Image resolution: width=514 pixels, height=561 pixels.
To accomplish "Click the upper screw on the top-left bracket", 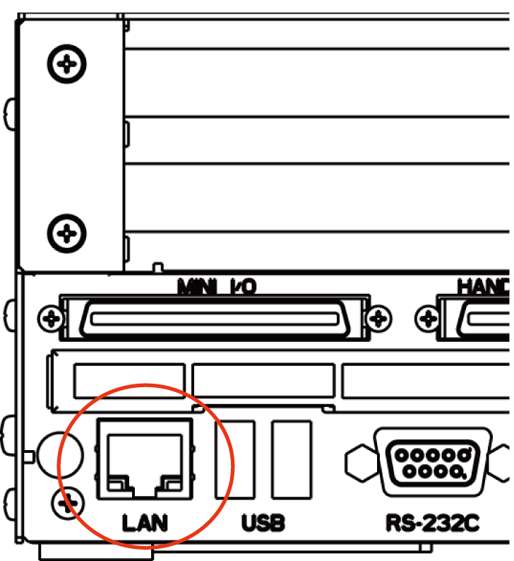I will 66,65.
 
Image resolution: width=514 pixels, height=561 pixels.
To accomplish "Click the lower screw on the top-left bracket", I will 66,232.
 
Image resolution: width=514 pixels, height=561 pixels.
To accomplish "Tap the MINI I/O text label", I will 217,286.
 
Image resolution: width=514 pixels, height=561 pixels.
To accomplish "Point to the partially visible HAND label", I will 484,286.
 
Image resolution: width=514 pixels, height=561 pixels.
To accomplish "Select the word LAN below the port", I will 145,524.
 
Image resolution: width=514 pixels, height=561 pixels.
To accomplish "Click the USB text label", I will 263,524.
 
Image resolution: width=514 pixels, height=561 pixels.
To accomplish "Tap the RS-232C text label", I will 432,524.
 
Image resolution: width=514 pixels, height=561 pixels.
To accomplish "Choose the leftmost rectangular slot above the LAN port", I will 128,382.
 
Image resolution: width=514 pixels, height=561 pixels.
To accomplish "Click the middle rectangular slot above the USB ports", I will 263,382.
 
